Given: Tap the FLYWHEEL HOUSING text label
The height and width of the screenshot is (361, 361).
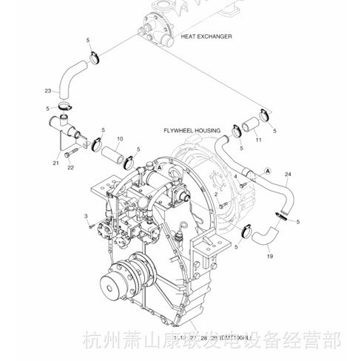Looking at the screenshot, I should coord(192,130).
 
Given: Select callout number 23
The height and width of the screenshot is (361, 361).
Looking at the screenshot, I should coord(48,91).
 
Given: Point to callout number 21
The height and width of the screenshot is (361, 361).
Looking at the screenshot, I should coord(55,162).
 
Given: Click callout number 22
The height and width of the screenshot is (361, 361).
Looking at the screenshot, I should coord(71,167).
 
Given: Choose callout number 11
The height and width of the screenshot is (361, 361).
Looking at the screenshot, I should coord(258,139).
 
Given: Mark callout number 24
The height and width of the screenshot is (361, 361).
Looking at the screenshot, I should coord(287,175).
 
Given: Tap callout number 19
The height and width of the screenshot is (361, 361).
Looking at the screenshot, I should coord(269,256).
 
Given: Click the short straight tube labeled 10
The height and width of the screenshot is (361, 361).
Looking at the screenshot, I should coord(112,155).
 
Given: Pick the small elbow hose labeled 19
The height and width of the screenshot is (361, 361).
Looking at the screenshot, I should coord(260,237).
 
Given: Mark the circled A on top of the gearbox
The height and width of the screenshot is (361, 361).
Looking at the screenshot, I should coord(158,169).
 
